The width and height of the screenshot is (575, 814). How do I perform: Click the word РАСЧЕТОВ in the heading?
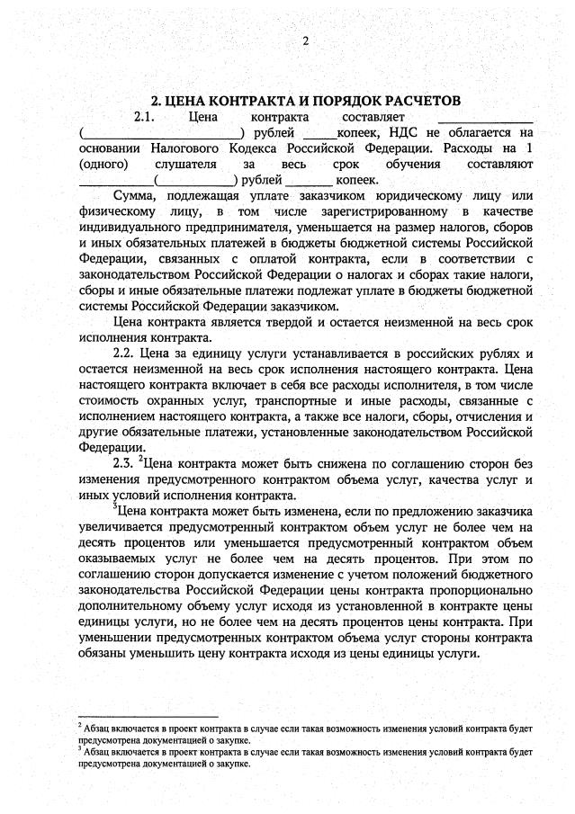[x=416, y=100]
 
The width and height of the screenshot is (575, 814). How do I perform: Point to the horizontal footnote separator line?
[x=148, y=716]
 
